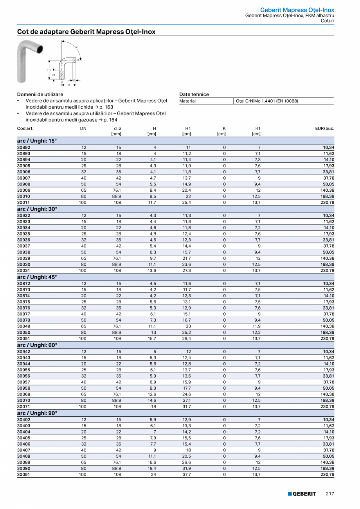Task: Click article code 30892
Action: point(23,147)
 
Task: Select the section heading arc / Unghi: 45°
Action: point(37,277)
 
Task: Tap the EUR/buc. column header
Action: point(325,128)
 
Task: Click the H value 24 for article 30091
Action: point(154,475)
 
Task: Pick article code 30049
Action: point(23,326)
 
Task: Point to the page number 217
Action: point(330,494)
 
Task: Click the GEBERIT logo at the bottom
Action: point(302,494)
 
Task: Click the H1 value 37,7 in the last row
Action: point(187,475)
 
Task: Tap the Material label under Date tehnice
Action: point(187,101)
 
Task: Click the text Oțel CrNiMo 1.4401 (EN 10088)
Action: point(266,101)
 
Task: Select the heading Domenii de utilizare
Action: point(40,94)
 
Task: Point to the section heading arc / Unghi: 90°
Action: point(37,413)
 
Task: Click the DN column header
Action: point(83,128)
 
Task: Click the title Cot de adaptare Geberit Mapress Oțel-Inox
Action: point(86,32)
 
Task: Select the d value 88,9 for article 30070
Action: point(117,401)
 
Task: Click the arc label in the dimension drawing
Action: point(76,47)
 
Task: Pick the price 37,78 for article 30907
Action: point(328,178)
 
